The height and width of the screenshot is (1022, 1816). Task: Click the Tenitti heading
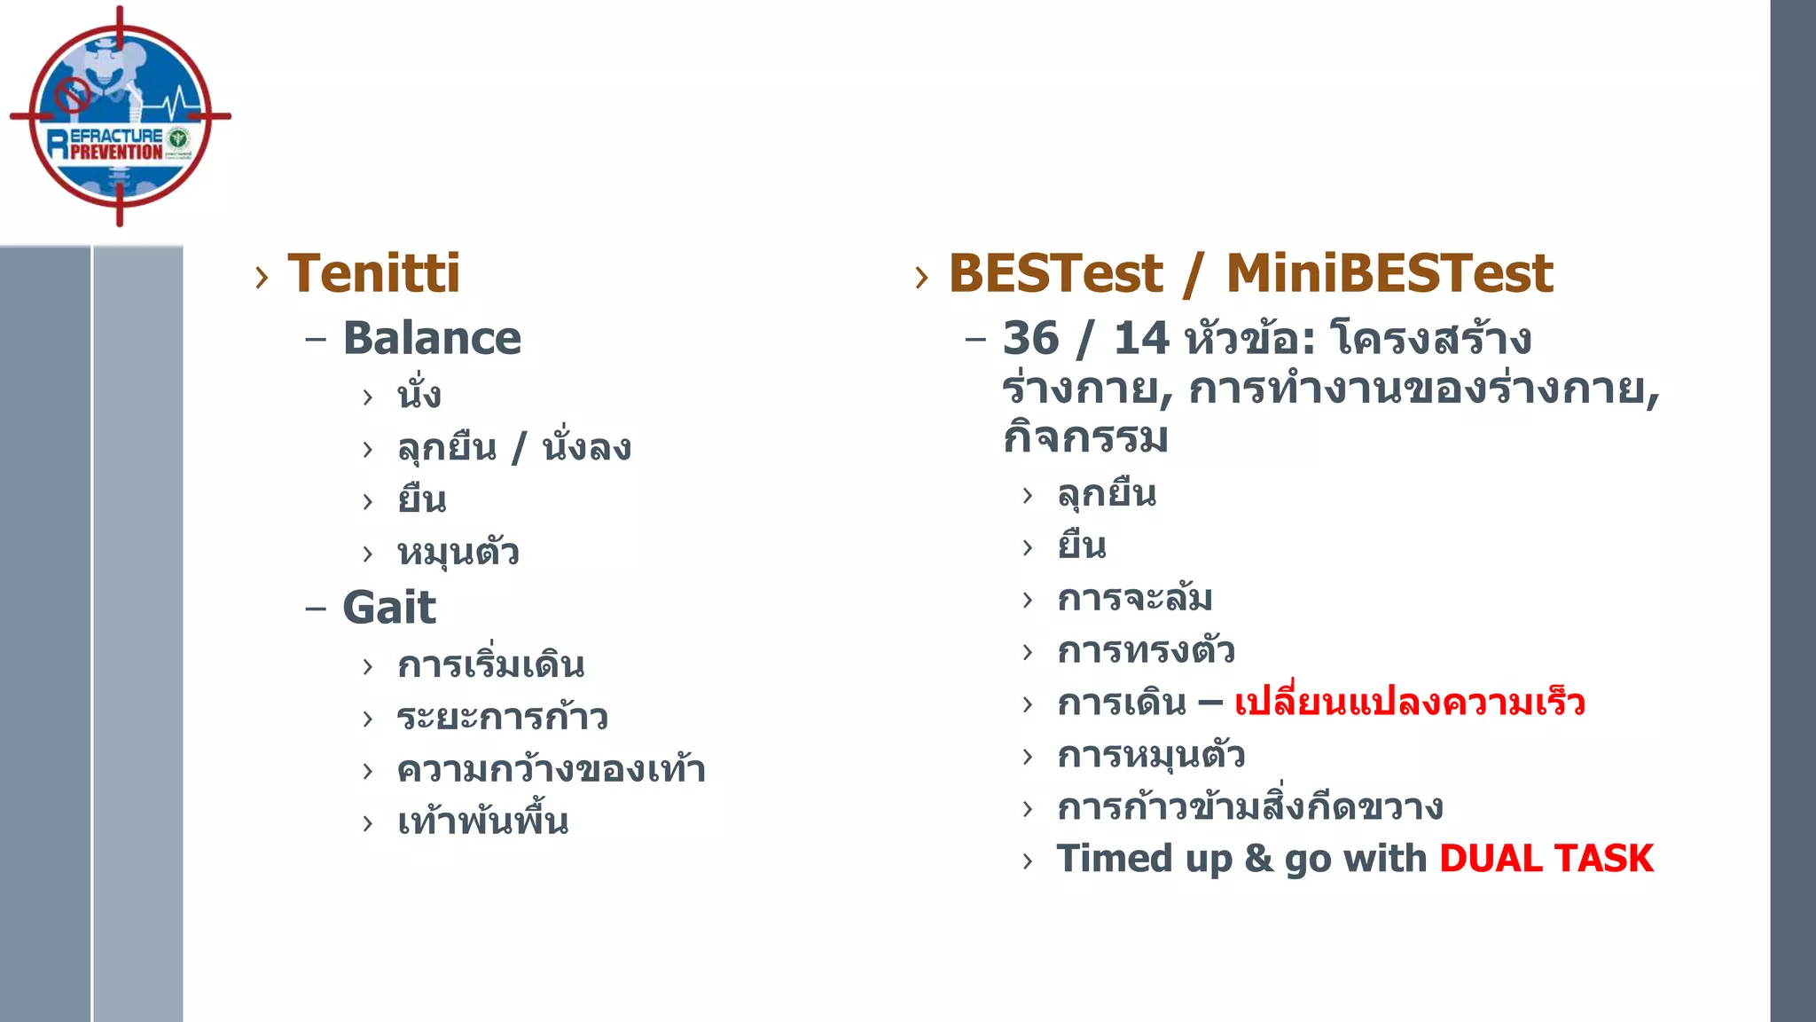[x=373, y=273]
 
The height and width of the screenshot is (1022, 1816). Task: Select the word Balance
[x=432, y=339]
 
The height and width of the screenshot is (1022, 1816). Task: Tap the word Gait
[x=389, y=609]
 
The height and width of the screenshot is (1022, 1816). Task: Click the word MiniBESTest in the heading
[x=1389, y=273]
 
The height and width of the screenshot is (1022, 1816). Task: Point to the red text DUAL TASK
[x=1546, y=859]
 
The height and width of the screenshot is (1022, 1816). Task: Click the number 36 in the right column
[x=1030, y=339]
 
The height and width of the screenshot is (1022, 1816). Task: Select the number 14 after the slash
[x=1141, y=339]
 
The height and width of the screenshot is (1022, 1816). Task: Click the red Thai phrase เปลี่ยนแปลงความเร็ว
[x=1409, y=703]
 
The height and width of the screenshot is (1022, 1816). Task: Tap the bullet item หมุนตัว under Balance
[x=458, y=553]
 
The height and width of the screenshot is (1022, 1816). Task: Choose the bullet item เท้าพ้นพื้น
[x=482, y=822]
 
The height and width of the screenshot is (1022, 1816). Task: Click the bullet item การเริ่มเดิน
[x=490, y=664]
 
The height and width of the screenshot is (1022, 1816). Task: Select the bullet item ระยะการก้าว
[x=502, y=717]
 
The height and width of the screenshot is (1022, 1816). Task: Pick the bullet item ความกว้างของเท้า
[x=551, y=769]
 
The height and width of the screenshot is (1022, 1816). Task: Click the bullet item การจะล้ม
[x=1134, y=598]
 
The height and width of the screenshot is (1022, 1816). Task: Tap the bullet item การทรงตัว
[x=1146, y=650]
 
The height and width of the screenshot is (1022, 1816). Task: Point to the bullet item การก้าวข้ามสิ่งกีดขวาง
[x=1249, y=807]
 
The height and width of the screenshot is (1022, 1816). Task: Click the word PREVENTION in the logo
[x=116, y=152]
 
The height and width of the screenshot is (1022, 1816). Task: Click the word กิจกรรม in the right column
[x=1085, y=438]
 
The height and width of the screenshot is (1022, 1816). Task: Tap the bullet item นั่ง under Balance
[x=419, y=395]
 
